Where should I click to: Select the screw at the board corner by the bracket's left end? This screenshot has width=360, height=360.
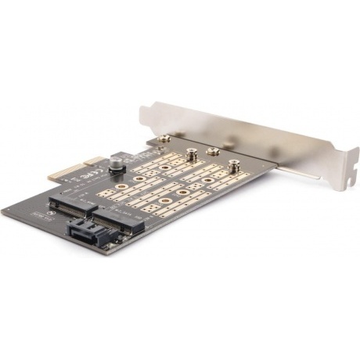(x=166, y=142)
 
